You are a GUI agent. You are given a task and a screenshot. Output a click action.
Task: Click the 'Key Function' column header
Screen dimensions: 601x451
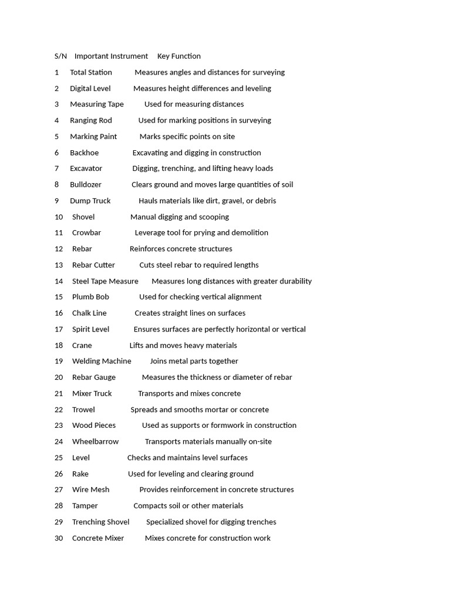click(179, 56)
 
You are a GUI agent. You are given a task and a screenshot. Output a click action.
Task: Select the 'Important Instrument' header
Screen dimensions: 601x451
click(111, 56)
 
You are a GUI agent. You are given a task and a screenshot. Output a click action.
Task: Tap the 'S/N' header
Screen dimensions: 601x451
click(60, 56)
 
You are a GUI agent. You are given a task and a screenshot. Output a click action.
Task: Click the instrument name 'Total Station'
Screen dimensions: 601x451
click(91, 72)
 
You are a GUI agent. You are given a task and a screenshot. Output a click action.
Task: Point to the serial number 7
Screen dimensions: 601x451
click(57, 168)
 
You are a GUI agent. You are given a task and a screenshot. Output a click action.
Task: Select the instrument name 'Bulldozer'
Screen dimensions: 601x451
click(86, 184)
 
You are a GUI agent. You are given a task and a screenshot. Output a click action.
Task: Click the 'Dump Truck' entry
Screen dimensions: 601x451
click(90, 201)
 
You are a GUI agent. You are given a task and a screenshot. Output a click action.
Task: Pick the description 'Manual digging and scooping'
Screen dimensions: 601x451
click(180, 217)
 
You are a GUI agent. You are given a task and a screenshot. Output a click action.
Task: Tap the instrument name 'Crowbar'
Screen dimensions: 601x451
click(86, 232)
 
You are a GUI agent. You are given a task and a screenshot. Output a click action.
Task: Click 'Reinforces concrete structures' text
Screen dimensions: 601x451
click(181, 249)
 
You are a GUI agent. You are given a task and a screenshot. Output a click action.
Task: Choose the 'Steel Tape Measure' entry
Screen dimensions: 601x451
click(105, 281)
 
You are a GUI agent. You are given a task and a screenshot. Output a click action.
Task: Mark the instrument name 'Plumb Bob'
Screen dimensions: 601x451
click(90, 297)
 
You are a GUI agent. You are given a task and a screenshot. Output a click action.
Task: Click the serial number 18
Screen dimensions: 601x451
click(59, 345)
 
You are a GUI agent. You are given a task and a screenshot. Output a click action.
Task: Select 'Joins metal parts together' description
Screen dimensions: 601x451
click(194, 361)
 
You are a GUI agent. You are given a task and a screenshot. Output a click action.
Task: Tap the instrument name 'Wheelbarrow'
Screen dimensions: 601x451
click(95, 441)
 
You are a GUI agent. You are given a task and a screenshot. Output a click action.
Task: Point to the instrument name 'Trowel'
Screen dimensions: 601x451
click(83, 410)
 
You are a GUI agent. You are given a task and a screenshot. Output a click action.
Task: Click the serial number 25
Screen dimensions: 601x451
click(59, 458)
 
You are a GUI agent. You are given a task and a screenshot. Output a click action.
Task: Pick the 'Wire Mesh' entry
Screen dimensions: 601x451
click(90, 489)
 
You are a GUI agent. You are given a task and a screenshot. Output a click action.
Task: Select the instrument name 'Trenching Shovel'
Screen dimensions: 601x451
click(100, 522)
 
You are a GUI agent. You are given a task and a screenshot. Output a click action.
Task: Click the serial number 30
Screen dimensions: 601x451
click(59, 538)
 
